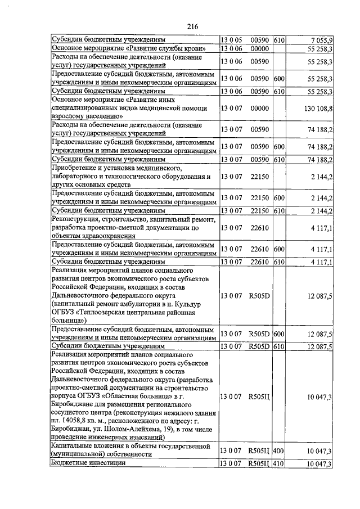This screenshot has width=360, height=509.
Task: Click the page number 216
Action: click(x=193, y=26)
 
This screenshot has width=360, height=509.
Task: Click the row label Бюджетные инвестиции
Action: click(x=88, y=463)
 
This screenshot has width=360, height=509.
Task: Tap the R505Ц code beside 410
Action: click(x=260, y=463)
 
